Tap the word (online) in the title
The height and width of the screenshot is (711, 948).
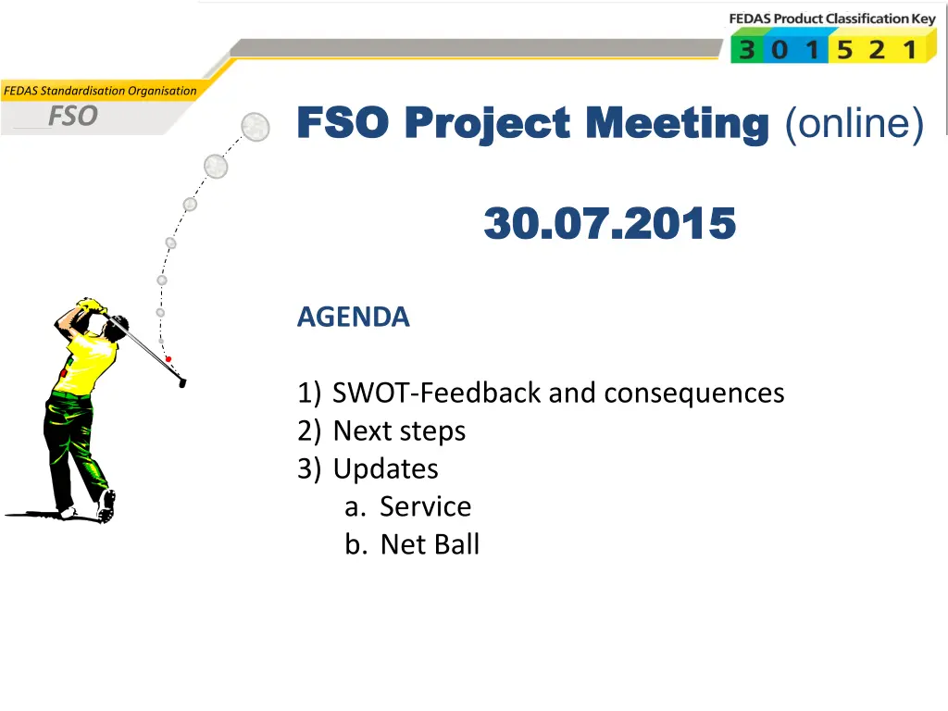pyautogui.click(x=854, y=125)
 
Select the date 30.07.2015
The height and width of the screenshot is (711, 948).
pyautogui.click(x=610, y=223)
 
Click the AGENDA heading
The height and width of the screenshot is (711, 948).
pyautogui.click(x=353, y=317)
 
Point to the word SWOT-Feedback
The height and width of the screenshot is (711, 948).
pyautogui.click(x=437, y=393)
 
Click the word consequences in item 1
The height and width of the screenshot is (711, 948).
pyautogui.click(x=694, y=393)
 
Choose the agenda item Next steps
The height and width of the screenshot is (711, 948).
pyautogui.click(x=399, y=431)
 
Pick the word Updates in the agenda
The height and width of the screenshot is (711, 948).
pyautogui.click(x=386, y=468)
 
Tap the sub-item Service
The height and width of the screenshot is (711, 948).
pyautogui.click(x=425, y=506)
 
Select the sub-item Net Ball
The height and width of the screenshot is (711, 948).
pyautogui.click(x=430, y=544)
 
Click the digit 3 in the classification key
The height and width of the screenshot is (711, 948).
pyautogui.click(x=747, y=50)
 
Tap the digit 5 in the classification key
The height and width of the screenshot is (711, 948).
pyautogui.click(x=844, y=50)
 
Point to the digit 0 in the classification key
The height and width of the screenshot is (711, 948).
pyautogui.click(x=780, y=50)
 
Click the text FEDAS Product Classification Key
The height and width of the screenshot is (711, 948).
pyautogui.click(x=832, y=19)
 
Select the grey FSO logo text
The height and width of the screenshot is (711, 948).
pyautogui.click(x=73, y=116)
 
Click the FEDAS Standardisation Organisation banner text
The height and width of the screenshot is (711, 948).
pyautogui.click(x=100, y=91)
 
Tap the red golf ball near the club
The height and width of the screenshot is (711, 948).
pyautogui.click(x=168, y=359)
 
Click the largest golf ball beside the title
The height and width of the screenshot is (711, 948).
pyautogui.click(x=256, y=126)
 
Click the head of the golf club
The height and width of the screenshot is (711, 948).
pyautogui.click(x=182, y=383)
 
